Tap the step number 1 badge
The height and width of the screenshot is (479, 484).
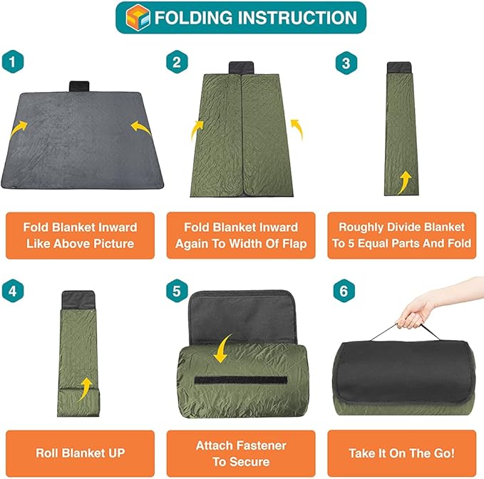pyautogui.click(x=11, y=62)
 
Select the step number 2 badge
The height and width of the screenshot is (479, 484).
pyautogui.click(x=176, y=63)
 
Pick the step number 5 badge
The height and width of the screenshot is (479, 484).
pyautogui.click(x=176, y=291)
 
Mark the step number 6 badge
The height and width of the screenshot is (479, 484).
pyautogui.click(x=345, y=291)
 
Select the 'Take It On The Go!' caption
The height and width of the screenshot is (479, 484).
pyautogui.click(x=402, y=453)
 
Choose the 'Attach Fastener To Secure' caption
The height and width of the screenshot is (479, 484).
pyautogui.click(x=241, y=453)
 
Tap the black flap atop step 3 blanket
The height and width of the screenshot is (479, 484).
pyautogui.click(x=397, y=69)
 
